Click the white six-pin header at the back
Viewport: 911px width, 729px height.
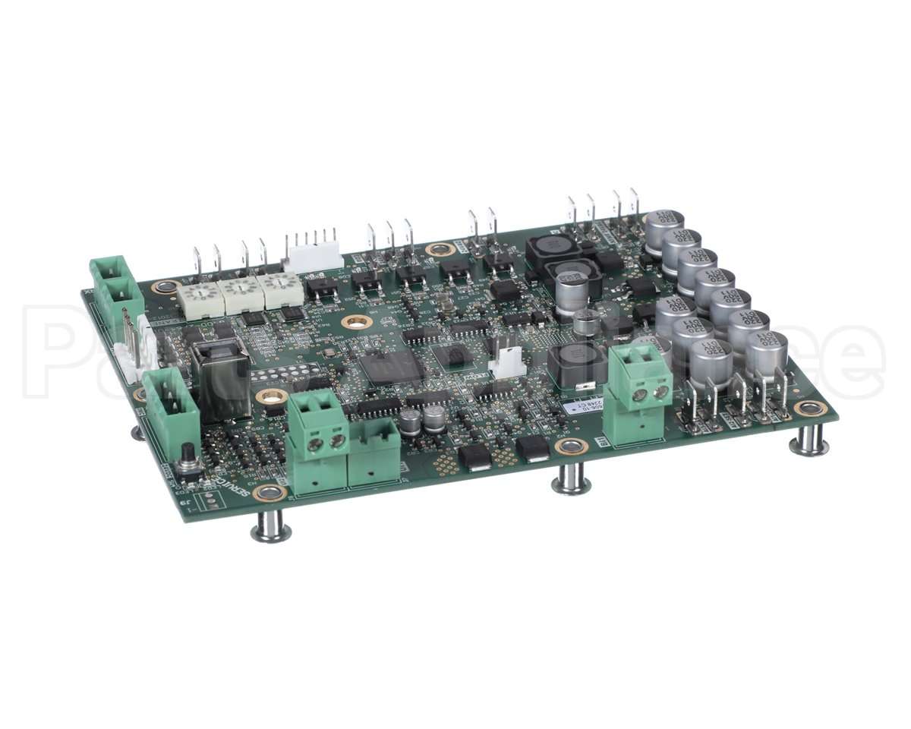click(313, 254)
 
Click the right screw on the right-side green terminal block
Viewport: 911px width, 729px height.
click(661, 392)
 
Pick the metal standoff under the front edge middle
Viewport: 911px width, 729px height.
click(571, 478)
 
